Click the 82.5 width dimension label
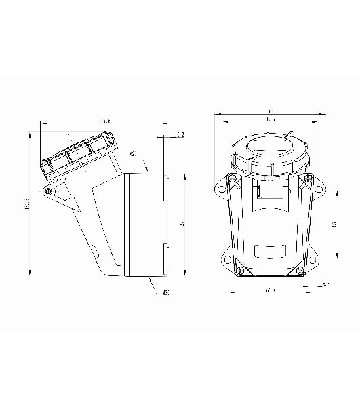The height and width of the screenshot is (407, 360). click(270, 120)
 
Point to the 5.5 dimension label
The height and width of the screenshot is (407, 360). click(327, 284)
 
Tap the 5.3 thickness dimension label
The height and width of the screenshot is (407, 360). click(180, 135)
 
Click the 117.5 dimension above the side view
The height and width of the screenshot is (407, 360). click(104, 121)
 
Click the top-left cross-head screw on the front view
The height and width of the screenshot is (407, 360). click(233, 178)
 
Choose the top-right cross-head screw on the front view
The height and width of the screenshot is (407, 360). click(308, 178)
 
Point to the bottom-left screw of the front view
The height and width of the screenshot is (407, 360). click(239, 272)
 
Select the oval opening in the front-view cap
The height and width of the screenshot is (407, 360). click(270, 147)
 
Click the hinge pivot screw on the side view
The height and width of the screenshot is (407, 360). click(48, 192)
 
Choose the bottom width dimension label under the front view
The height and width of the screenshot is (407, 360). click(270, 290)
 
